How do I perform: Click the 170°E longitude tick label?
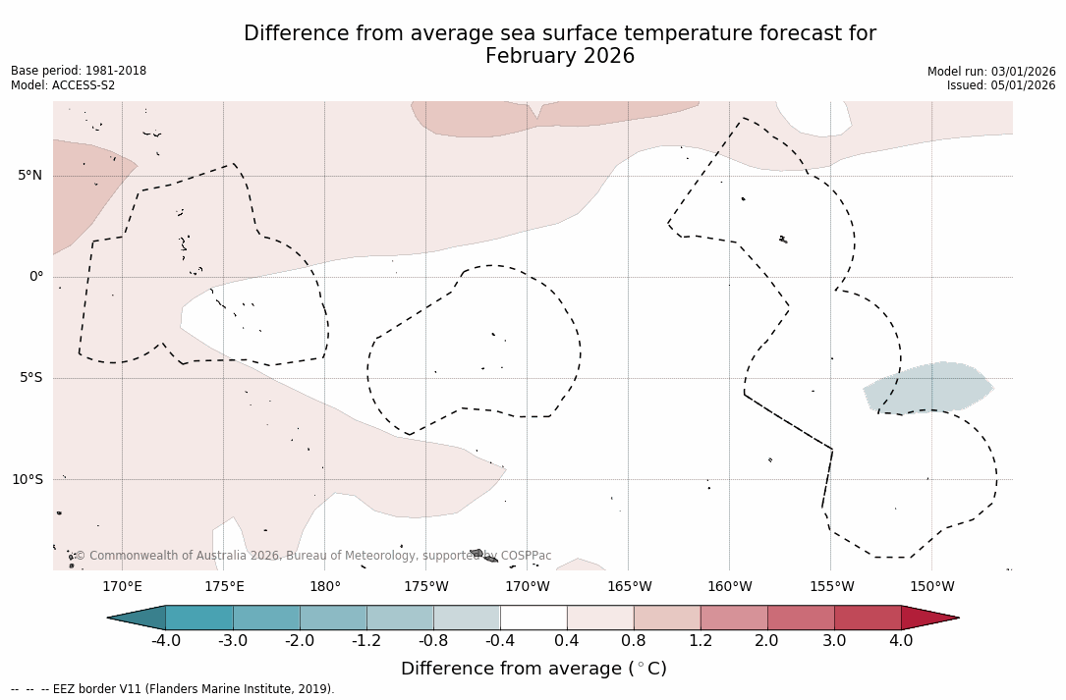click(122, 587)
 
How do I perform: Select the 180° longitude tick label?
click(324, 587)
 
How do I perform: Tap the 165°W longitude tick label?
click(629, 587)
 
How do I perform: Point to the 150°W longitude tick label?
click(931, 587)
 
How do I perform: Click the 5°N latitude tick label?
click(29, 176)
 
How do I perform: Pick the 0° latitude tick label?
click(35, 277)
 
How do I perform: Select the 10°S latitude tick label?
click(27, 480)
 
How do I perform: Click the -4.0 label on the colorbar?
click(165, 641)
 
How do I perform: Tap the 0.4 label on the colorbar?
click(567, 641)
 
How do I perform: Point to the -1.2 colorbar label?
click(366, 641)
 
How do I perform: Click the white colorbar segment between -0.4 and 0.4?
click(533, 618)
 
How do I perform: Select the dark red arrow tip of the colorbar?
click(928, 618)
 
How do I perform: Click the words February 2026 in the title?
click(560, 57)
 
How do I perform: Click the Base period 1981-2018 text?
click(79, 71)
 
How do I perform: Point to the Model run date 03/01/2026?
click(1022, 72)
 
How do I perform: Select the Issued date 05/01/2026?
click(1028, 85)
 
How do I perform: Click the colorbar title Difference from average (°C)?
click(533, 670)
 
